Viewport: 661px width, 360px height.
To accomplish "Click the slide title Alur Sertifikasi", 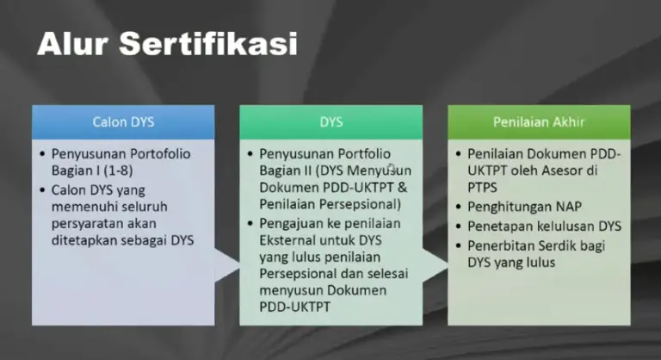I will pyautogui.click(x=167, y=43).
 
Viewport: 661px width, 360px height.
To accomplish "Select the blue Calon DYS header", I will pyautogui.click(x=123, y=121).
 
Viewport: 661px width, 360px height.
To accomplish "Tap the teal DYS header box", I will pyautogui.click(x=331, y=121).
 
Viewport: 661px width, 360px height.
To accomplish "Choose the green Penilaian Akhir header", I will pyautogui.click(x=539, y=121).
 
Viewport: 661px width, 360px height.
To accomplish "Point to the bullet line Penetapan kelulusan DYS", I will pyautogui.click(x=543, y=226).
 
